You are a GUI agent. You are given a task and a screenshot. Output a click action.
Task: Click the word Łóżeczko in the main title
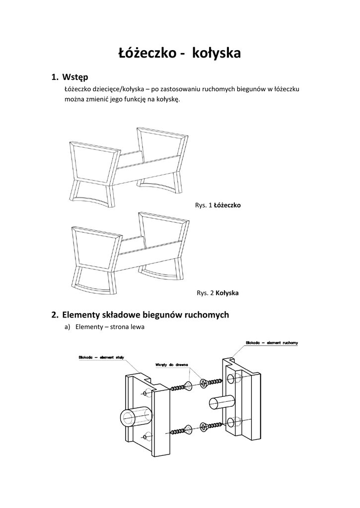point(146,53)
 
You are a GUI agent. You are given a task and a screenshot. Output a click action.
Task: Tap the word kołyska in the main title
point(216,53)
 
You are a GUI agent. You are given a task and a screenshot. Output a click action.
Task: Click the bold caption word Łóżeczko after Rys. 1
point(227,205)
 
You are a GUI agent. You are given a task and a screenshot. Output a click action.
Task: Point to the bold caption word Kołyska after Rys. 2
point(227,293)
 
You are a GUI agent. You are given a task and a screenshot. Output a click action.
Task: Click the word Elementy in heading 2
point(81,315)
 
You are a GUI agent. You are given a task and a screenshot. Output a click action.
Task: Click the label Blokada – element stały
point(101,357)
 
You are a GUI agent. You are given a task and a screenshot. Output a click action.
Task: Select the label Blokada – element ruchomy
point(272,343)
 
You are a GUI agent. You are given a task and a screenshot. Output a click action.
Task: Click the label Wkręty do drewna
point(172,365)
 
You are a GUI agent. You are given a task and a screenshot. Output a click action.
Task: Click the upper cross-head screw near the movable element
point(212,382)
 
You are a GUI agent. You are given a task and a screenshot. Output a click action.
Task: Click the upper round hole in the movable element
point(231,379)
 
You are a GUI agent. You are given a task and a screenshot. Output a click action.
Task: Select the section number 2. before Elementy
point(55,315)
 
